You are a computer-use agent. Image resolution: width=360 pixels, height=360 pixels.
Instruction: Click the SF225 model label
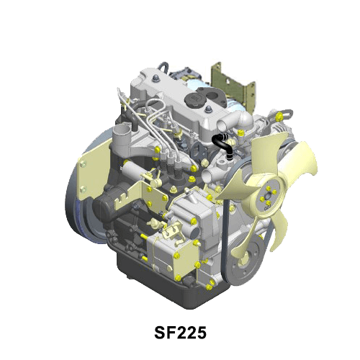180,333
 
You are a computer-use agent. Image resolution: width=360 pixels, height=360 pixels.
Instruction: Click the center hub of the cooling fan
268,197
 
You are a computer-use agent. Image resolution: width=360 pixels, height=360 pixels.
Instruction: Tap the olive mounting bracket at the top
233,86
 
